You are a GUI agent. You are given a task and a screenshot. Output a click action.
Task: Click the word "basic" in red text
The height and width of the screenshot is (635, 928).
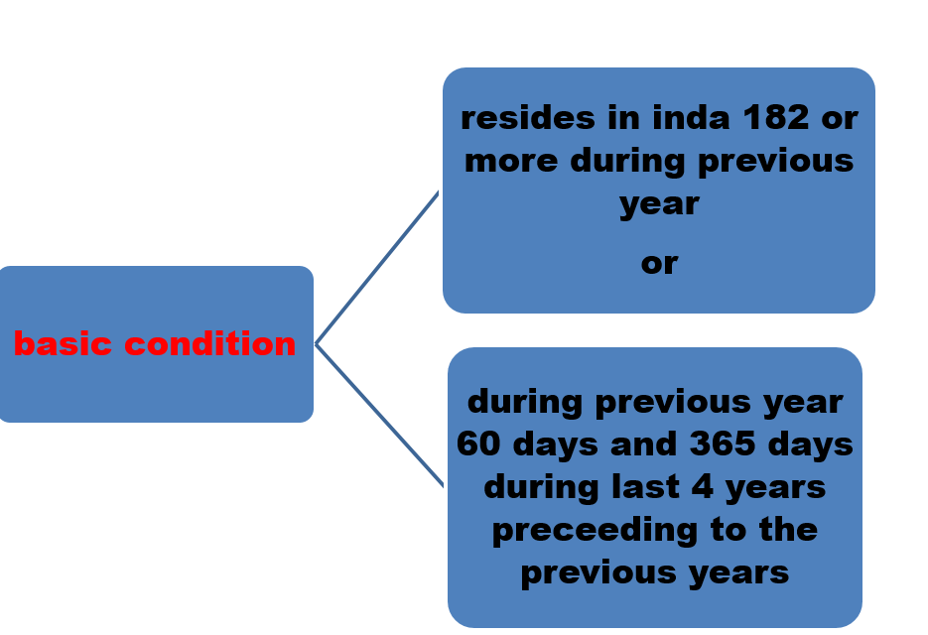(x=63, y=343)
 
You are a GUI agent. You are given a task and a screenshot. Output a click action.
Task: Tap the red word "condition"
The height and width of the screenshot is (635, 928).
(x=210, y=343)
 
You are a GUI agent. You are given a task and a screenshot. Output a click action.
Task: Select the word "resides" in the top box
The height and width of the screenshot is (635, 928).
(x=528, y=117)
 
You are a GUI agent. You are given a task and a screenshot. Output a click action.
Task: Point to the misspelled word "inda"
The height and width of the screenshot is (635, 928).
(x=691, y=117)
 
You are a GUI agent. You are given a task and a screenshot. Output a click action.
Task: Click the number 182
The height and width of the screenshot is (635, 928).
(x=776, y=117)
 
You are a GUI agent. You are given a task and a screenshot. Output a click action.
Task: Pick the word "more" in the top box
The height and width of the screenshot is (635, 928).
(x=511, y=161)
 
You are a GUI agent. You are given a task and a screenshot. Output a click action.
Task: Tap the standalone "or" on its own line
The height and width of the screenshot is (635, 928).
(x=659, y=263)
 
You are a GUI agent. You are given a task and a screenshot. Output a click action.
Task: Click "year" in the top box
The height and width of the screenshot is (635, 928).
(x=659, y=204)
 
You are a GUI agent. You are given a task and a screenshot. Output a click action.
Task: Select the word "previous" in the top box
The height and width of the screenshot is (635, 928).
(x=776, y=162)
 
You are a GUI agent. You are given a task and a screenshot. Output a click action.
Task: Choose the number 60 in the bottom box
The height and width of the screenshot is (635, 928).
(x=477, y=444)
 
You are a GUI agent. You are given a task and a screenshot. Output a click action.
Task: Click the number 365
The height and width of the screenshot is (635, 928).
(x=723, y=444)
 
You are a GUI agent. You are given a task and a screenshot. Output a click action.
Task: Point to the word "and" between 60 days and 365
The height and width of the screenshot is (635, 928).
(x=643, y=444)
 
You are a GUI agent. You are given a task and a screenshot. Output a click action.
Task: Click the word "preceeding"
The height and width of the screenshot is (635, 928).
(x=595, y=531)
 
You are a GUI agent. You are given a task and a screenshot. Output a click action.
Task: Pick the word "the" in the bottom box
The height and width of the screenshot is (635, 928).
(x=788, y=529)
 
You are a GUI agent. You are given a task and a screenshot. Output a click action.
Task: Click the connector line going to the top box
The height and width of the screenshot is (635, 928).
(x=377, y=268)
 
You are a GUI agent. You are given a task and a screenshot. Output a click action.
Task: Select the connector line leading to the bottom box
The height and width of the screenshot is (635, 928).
(x=379, y=416)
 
